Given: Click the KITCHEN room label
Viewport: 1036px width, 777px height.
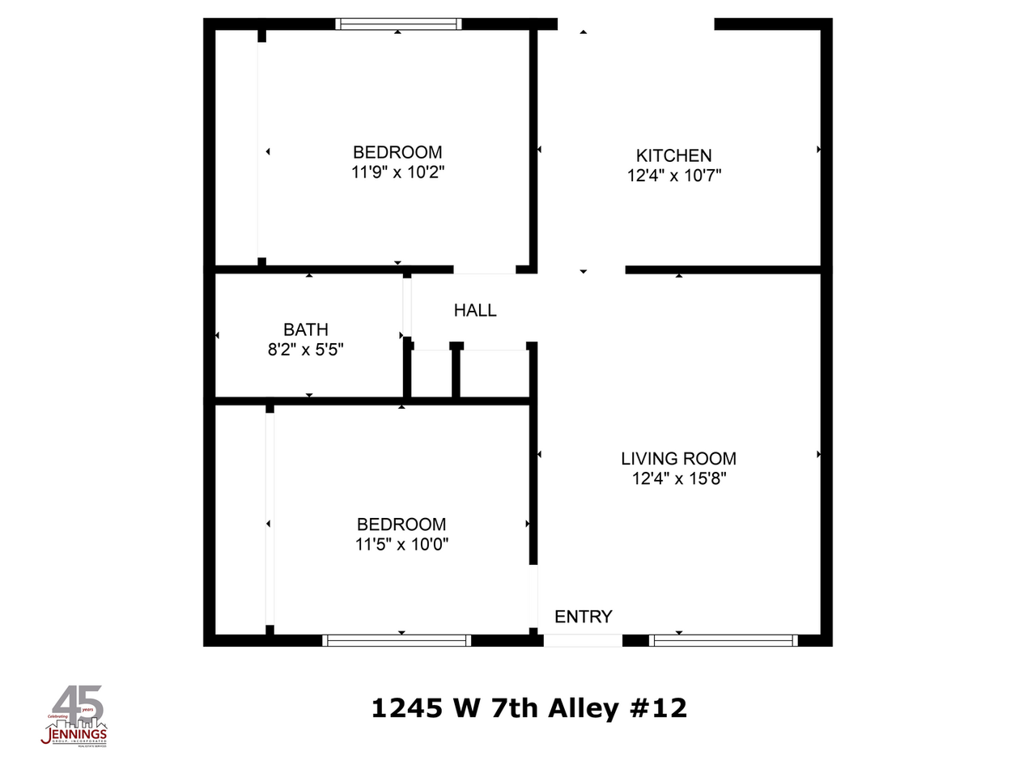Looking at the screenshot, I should point(673,155).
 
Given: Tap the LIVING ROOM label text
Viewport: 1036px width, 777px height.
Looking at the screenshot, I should point(678,459).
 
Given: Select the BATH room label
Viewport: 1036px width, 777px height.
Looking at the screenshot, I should point(306,330).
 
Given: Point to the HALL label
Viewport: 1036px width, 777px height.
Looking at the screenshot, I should point(475,311).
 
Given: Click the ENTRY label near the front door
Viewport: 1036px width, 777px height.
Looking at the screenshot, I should point(583,617).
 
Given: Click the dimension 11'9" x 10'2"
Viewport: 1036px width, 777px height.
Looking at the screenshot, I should point(398,172).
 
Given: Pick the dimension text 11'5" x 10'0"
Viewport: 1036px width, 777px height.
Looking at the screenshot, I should point(401,545).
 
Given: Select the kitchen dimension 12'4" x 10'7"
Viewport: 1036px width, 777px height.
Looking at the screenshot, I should point(673,176).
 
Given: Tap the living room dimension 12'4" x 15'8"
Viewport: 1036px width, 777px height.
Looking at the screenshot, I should point(678,479).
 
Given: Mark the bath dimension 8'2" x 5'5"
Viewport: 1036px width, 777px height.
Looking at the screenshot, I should point(306,350).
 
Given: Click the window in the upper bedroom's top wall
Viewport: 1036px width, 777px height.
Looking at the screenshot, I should point(398,24).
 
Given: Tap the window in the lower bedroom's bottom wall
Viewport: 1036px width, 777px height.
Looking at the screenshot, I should point(397,640).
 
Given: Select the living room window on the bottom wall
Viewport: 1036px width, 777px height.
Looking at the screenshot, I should point(724,640).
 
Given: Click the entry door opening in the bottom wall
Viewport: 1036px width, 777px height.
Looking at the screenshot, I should point(583,640).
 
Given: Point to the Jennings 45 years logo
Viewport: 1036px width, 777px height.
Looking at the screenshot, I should point(74,716).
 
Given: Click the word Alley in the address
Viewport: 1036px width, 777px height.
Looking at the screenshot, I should point(584,709).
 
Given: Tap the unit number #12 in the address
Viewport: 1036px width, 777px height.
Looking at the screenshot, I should point(658,709).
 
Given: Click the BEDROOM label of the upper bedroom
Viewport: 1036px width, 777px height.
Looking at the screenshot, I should point(397,152).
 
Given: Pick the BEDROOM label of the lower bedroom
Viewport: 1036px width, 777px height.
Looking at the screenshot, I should point(401,524).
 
